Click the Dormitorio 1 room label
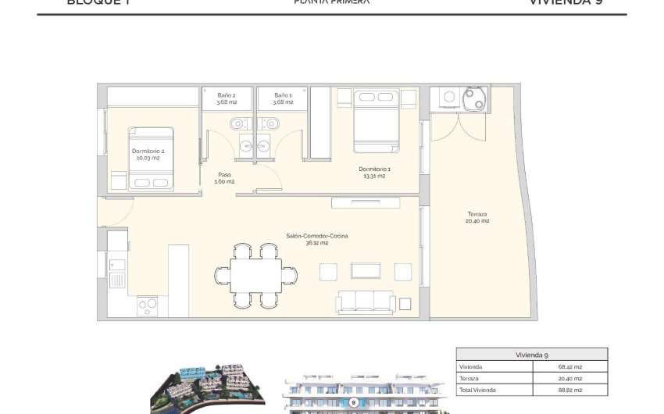[x=374, y=172]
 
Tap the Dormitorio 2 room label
[x=148, y=153]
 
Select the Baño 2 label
[x=227, y=98]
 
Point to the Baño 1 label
[x=283, y=98]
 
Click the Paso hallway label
[x=224, y=178]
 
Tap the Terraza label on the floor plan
[x=478, y=217]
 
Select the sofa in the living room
[x=366, y=302]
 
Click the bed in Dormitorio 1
[x=376, y=122]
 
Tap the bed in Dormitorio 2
[x=151, y=158]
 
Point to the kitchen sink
[x=116, y=277]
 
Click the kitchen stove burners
[x=148, y=306]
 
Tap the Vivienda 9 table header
[x=531, y=354]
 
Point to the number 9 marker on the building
[x=354, y=402]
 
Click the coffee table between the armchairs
[x=366, y=270]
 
